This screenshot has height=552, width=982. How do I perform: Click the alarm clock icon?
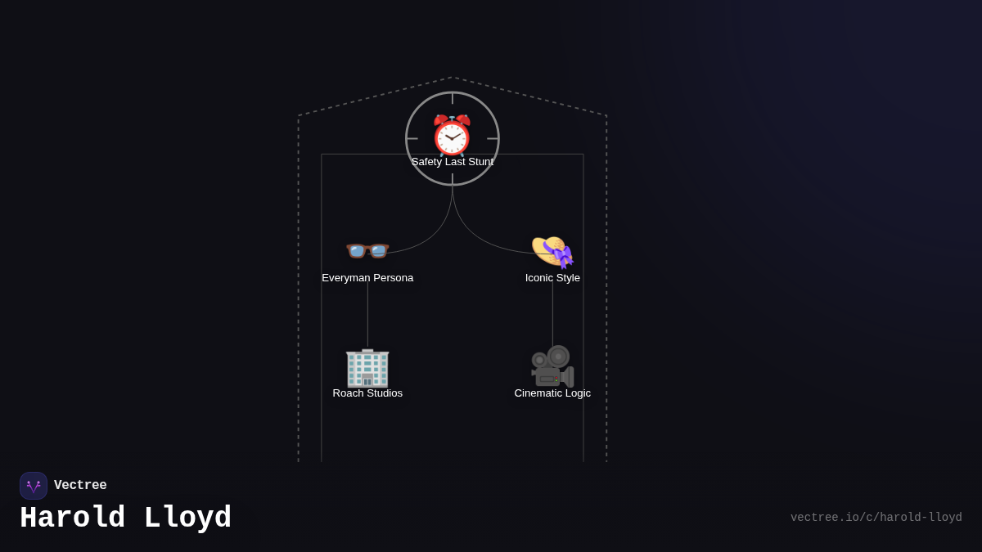point(452,136)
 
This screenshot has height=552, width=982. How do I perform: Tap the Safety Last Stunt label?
point(453,162)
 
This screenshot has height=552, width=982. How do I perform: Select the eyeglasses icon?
point(367,250)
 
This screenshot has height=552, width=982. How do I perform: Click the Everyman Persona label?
point(367,278)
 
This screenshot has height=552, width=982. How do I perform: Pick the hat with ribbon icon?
point(552,251)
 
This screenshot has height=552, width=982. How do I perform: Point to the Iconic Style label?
point(552,278)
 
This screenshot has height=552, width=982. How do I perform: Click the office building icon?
point(367,367)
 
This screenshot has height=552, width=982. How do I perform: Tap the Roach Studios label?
point(367,393)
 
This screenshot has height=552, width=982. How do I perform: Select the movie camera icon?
point(552,366)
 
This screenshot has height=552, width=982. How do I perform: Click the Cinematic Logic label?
point(552,393)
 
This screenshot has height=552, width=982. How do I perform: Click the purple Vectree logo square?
point(34,486)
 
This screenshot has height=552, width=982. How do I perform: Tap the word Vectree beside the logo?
point(80,486)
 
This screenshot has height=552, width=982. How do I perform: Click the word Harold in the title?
point(72,518)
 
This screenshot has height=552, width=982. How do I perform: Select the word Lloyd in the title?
point(187,518)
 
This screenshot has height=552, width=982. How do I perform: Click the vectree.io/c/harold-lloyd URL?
point(876,518)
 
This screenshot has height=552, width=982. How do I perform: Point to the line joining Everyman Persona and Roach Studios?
point(367,315)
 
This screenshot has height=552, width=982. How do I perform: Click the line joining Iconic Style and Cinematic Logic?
point(552,315)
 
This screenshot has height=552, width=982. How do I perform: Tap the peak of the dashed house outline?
point(453,78)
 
